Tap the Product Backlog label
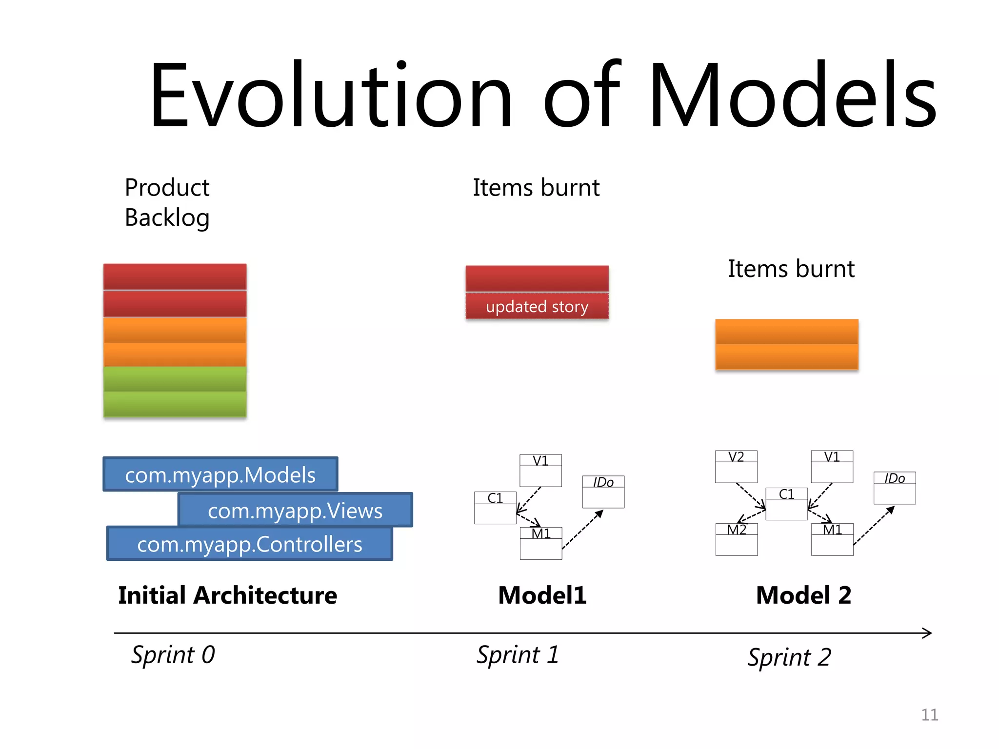(x=167, y=202)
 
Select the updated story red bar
(x=537, y=306)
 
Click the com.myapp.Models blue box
(x=220, y=474)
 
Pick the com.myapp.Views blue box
(x=295, y=510)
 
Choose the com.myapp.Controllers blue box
(x=249, y=544)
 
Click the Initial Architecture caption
(x=227, y=595)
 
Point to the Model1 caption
(x=542, y=595)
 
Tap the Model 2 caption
(x=803, y=595)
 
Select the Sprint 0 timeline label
(x=173, y=654)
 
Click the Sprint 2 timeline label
(x=789, y=657)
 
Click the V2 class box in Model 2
(x=736, y=466)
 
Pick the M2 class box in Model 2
(x=737, y=539)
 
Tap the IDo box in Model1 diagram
(x=603, y=492)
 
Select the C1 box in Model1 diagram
(x=495, y=507)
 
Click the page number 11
(x=929, y=715)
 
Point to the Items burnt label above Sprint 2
(x=791, y=269)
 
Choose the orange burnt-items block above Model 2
(x=786, y=344)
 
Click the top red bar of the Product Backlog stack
(x=175, y=276)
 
